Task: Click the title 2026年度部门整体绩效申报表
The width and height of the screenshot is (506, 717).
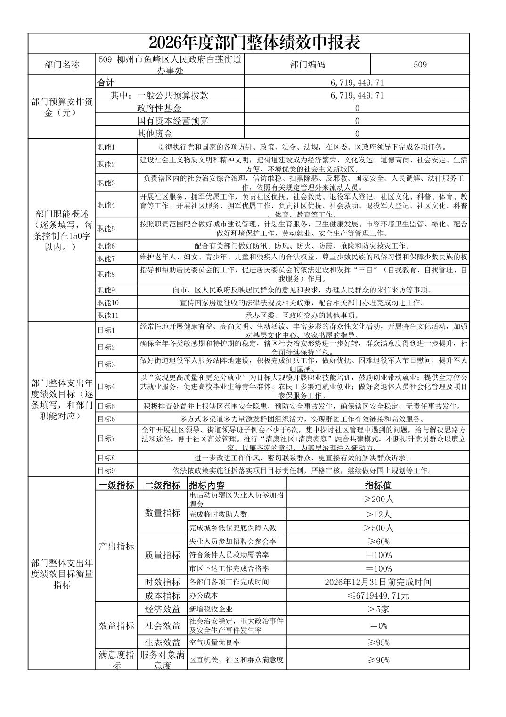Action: (x=254, y=43)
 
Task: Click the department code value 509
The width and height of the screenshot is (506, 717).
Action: (x=420, y=65)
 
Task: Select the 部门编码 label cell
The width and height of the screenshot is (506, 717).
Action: (x=308, y=65)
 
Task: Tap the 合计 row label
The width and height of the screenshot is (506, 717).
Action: (x=106, y=83)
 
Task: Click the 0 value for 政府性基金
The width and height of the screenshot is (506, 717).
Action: (x=357, y=108)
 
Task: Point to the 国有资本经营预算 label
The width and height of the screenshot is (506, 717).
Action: (x=172, y=121)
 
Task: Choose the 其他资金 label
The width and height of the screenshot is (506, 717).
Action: (x=155, y=133)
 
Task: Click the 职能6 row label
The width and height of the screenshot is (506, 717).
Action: (x=106, y=246)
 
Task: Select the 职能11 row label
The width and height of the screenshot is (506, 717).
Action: (x=108, y=315)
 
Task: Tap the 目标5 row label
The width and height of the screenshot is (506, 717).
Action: (x=106, y=406)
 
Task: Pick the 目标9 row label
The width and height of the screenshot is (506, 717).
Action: (x=106, y=470)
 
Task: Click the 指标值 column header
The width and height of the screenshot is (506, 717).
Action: (x=378, y=485)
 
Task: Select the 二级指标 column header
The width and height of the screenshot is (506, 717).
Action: (x=163, y=485)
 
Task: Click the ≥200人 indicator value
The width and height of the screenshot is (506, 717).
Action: (x=378, y=499)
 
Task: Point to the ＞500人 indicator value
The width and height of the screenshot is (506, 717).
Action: (x=378, y=528)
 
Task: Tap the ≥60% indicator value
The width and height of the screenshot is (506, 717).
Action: (x=378, y=542)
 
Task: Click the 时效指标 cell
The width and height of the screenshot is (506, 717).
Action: (x=163, y=582)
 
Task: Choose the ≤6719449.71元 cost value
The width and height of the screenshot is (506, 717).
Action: (x=378, y=595)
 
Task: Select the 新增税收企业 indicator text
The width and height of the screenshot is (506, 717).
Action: (x=211, y=609)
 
